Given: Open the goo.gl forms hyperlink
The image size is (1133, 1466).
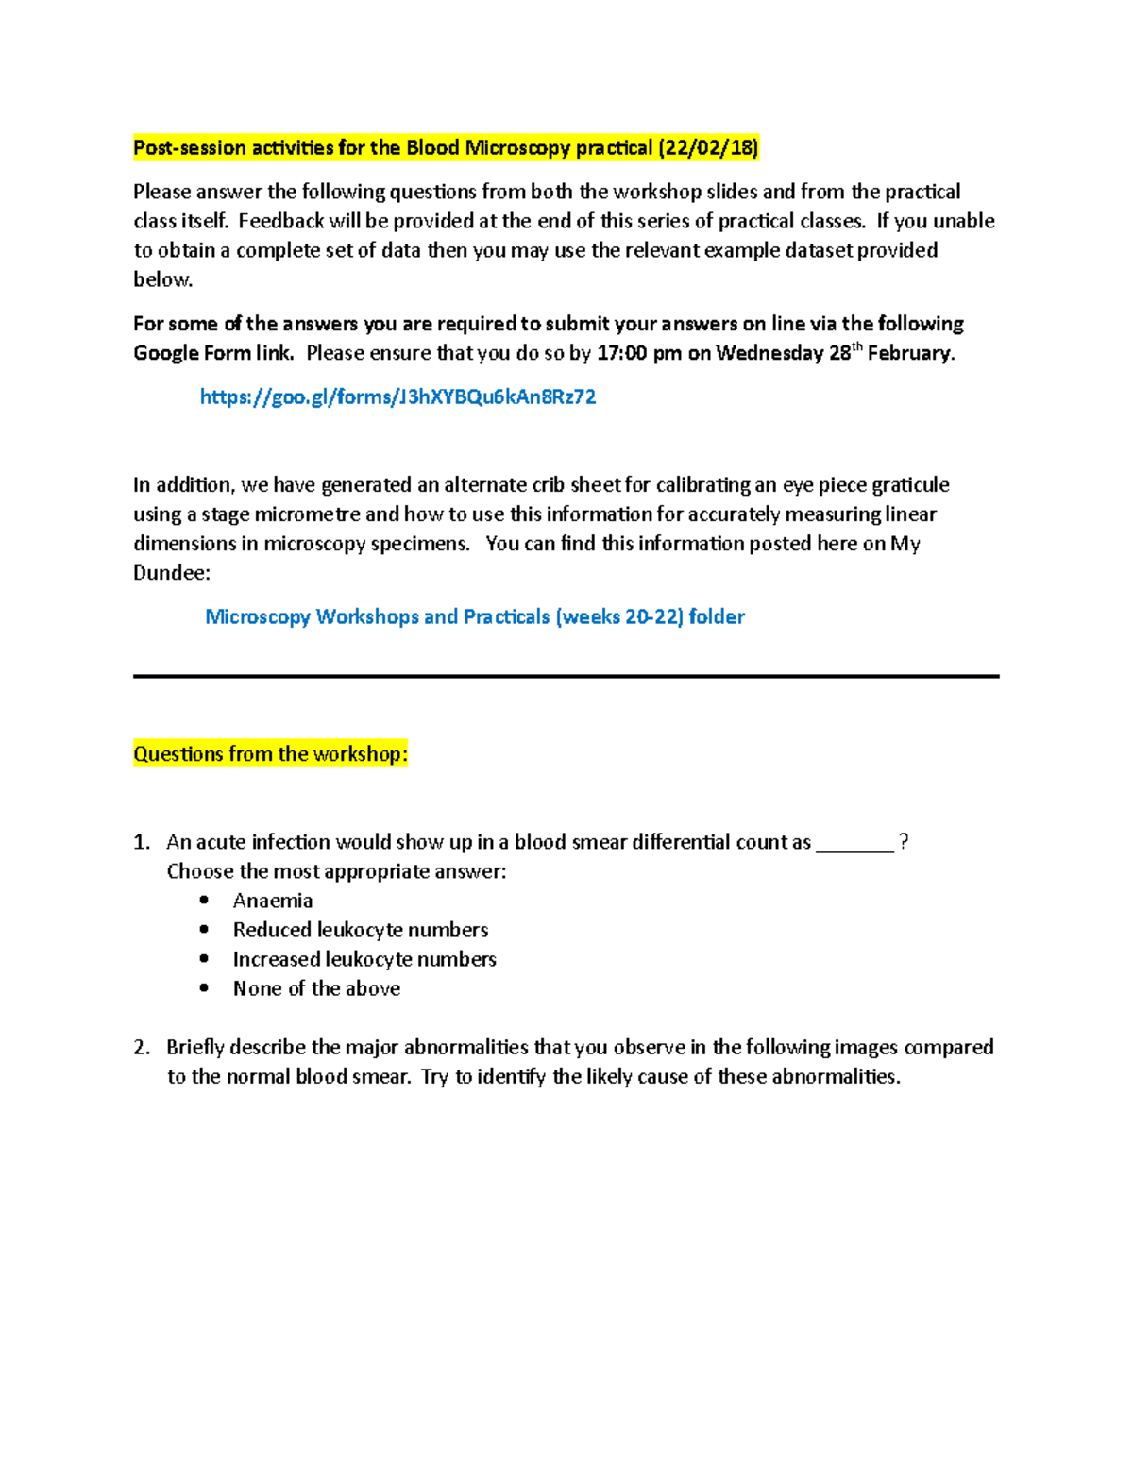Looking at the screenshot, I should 397,397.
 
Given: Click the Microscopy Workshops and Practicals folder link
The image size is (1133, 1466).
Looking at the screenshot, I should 475,617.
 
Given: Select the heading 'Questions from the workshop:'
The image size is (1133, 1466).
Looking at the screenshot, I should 270,754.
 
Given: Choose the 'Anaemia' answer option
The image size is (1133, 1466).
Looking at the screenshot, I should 273,902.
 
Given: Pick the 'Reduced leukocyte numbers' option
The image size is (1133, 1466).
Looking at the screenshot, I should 361,931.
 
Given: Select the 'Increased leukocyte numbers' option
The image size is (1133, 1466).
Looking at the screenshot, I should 364,960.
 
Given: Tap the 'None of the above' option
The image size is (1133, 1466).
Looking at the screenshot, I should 316,989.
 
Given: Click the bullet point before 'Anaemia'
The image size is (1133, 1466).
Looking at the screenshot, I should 205,901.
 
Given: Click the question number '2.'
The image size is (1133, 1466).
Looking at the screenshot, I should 142,1048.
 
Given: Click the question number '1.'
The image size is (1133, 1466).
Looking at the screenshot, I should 142,843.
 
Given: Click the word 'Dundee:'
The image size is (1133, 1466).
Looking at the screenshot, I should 172,573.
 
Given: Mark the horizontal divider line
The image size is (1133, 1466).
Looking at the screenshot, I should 566,676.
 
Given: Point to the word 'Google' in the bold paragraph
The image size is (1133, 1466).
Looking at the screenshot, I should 165,354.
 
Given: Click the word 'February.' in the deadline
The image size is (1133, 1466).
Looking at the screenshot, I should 911,354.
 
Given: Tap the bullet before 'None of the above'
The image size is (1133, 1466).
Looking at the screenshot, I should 205,988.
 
